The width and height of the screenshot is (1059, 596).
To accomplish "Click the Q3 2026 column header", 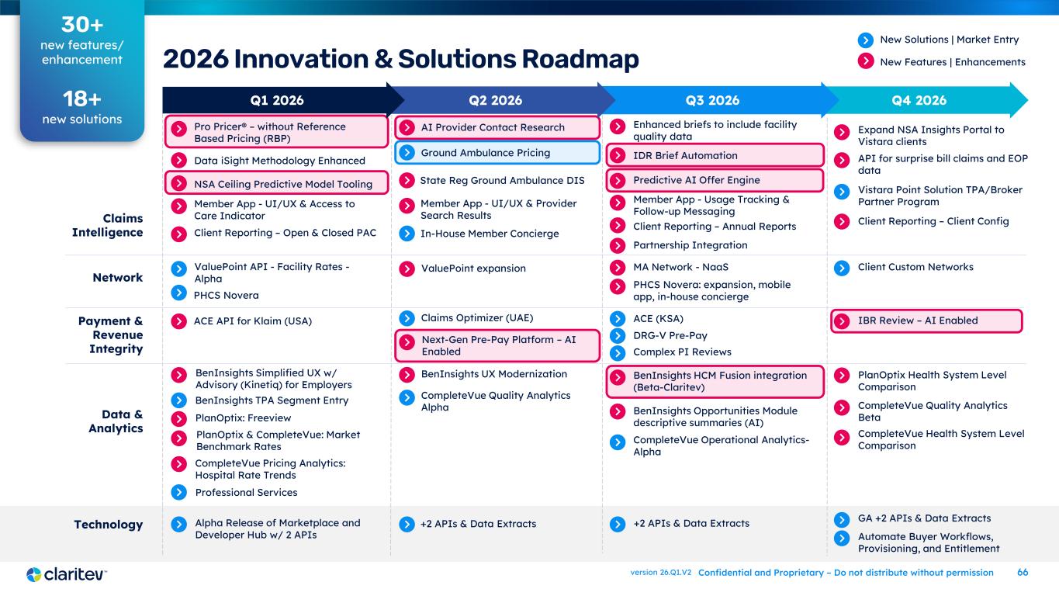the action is tap(712, 100).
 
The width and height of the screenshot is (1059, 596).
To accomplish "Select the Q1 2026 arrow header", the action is tap(277, 100).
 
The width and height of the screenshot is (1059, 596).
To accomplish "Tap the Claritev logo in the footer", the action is tap(66, 574).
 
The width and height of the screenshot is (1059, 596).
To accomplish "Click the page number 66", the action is tap(1023, 573).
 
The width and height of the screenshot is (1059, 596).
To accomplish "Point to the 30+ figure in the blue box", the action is tap(81, 25).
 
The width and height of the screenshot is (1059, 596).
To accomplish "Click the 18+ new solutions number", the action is tap(81, 99).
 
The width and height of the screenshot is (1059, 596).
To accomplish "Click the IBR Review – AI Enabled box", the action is tap(926, 321).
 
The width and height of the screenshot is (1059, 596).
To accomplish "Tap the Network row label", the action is tap(117, 277).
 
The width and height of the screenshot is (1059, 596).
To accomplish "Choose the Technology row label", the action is tap(109, 525).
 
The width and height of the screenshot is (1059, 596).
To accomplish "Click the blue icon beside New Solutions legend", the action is tap(866, 40).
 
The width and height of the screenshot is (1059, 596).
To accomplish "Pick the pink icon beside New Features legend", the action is tap(866, 61).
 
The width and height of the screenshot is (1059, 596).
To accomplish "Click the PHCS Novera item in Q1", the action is tap(227, 295).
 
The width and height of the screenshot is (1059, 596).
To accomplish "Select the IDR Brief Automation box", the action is tap(715, 155).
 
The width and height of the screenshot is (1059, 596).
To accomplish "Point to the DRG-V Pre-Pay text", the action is tap(670, 335).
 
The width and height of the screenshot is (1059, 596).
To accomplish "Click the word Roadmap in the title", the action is tap(580, 59).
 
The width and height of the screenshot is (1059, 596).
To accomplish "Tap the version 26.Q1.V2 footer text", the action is tap(660, 573).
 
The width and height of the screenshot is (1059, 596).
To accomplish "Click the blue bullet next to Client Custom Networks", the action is tap(842, 268).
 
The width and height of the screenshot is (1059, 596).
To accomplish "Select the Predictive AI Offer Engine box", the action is tap(715, 180).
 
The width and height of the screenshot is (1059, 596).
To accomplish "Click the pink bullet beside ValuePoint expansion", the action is tap(407, 269).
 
